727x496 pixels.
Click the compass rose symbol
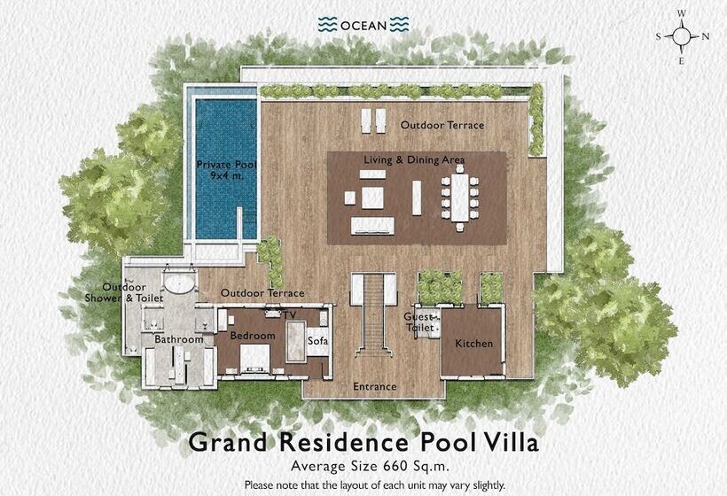(682, 36)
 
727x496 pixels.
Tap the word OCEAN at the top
(363, 25)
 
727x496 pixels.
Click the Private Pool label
(225, 169)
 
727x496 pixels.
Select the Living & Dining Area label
(414, 159)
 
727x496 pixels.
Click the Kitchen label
(473, 344)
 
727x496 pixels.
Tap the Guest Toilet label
(419, 322)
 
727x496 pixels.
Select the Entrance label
(374, 387)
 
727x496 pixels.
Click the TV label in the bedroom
(290, 315)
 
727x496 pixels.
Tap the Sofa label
(317, 340)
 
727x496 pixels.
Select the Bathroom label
(179, 339)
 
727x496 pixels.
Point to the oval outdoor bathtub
(182, 285)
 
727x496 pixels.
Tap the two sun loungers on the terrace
(373, 120)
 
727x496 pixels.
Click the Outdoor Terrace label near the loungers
(442, 126)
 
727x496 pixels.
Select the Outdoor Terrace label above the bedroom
(262, 293)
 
